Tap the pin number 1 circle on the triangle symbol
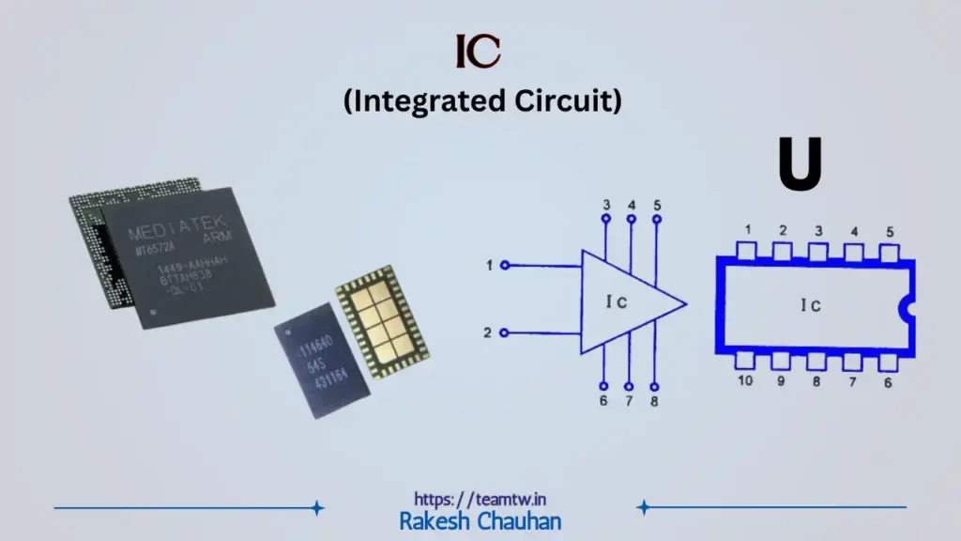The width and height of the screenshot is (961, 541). click(x=505, y=266)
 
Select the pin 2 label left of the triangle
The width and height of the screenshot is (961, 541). click(x=488, y=332)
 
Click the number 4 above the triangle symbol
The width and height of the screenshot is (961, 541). click(x=631, y=204)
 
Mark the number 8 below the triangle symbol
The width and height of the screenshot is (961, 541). click(x=654, y=403)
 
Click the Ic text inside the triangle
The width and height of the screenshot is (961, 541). click(x=616, y=301)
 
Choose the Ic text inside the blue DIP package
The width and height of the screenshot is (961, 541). click(x=811, y=305)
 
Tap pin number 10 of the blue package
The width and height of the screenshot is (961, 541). click(x=745, y=380)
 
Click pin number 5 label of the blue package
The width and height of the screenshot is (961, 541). click(x=888, y=232)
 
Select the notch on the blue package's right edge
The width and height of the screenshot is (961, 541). click(x=908, y=306)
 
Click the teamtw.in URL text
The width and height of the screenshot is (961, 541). click(x=480, y=499)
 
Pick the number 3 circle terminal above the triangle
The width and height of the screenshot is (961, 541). click(x=606, y=220)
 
